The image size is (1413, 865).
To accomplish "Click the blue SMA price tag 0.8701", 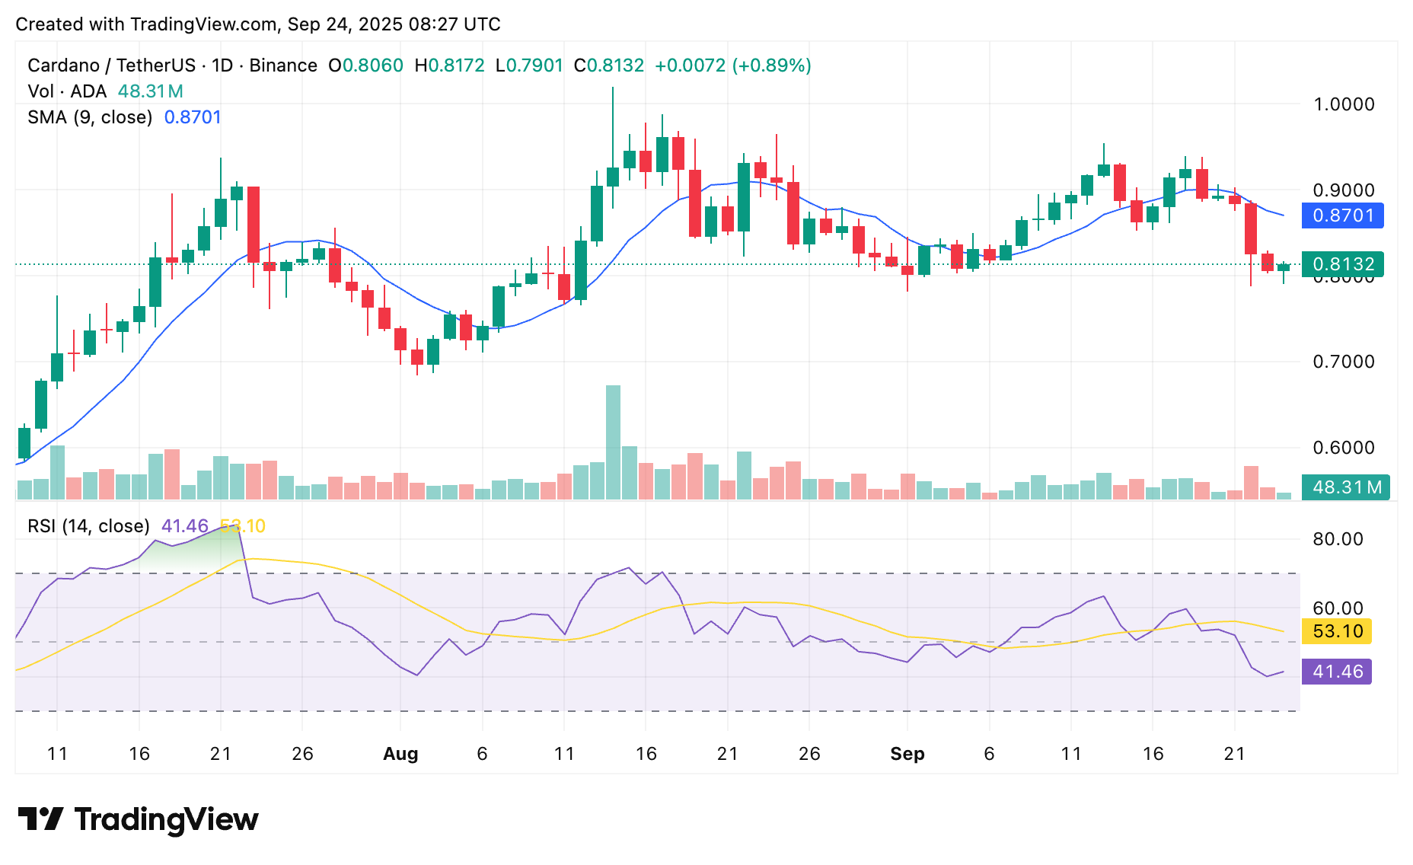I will pos(1342,215).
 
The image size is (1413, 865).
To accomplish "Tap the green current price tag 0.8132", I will pos(1342,264).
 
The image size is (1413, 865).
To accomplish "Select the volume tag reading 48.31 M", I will pos(1345,487).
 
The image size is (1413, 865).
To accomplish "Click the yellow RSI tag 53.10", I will pos(1337,631).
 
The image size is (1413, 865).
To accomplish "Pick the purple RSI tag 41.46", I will pos(1337,672).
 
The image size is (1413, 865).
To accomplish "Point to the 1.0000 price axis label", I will pos(1344,104).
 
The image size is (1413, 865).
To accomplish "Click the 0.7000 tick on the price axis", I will pos(1344,362).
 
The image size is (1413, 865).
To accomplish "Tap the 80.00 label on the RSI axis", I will pos(1338,539).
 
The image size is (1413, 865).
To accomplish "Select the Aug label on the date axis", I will pos(400,754).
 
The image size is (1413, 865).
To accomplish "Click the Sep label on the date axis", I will pos(907,754).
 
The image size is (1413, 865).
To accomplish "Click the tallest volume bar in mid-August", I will pos(613,442).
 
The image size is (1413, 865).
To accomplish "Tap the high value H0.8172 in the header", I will pos(449,65).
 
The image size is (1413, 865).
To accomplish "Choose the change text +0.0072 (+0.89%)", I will pos(732,65).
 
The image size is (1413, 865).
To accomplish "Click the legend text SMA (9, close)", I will pos(90,117).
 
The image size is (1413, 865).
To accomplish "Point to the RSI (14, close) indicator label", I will pos(88,526).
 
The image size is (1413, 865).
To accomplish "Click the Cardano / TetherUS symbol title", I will pos(111,65).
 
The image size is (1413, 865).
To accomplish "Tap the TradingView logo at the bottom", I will pos(138,819).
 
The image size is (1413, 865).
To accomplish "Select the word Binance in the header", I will pos(283,65).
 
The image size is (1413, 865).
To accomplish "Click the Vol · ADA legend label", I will pos(67,91).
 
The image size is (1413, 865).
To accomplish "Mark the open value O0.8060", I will pos(365,65).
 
